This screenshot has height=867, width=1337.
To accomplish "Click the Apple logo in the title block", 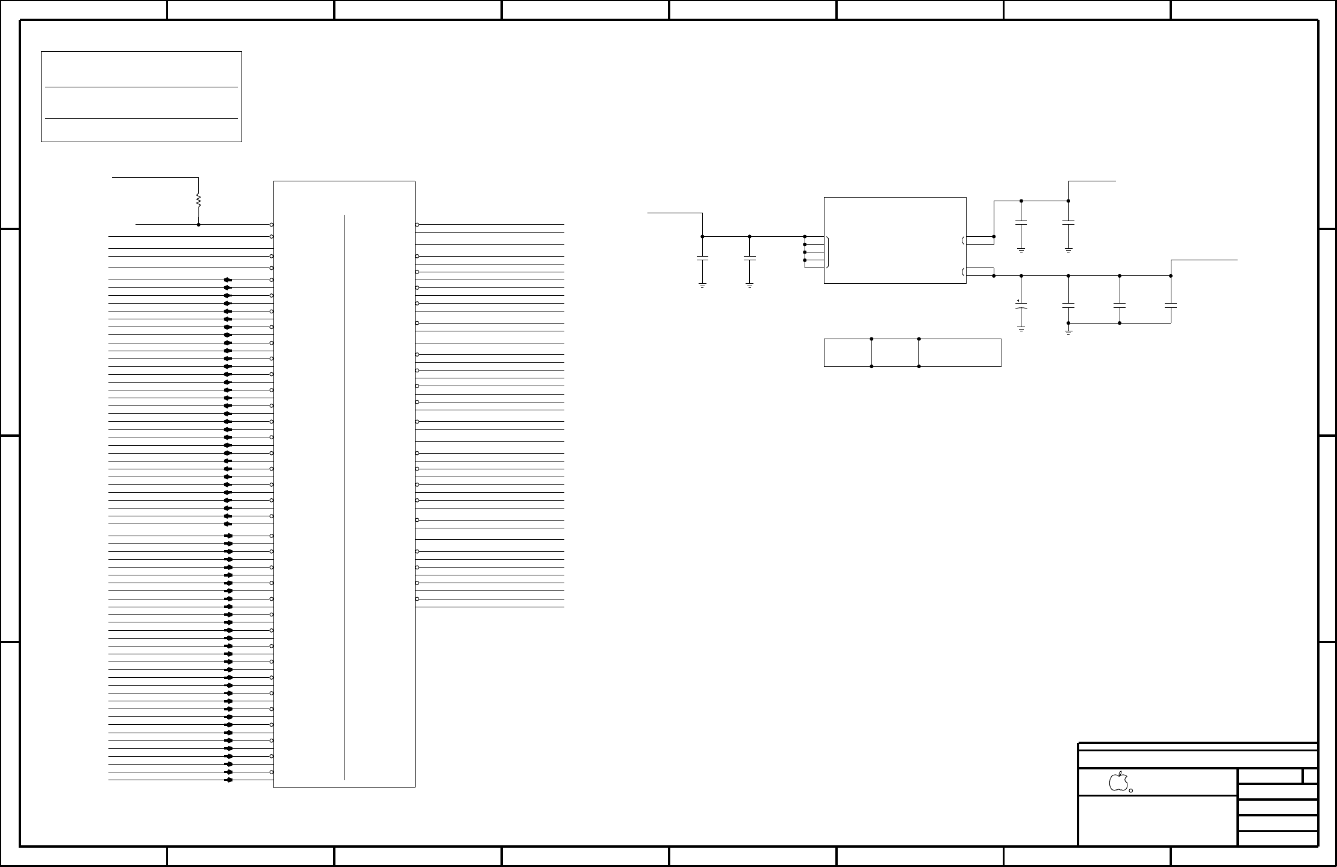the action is click(1118, 781).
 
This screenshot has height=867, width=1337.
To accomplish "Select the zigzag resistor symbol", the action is click(198, 201).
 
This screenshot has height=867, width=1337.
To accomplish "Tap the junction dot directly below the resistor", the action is click(198, 225).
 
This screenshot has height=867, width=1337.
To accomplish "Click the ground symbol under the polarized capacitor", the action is click(1021, 329).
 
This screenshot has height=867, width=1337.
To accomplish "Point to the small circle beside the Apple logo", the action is click(1131, 790).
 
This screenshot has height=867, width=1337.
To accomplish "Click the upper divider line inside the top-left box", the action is click(142, 87).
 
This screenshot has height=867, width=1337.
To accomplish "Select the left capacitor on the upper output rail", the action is click(1021, 222).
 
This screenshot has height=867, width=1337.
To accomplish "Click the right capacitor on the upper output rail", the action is click(1068, 222).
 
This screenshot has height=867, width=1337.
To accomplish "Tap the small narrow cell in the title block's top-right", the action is click(1310, 776).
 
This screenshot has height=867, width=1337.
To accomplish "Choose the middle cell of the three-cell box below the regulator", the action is click(895, 352).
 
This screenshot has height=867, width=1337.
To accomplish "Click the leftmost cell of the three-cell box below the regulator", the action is click(847, 352).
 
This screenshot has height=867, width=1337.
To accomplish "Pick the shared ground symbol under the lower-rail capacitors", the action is click(1068, 331).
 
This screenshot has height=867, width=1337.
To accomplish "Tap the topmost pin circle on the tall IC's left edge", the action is click(272, 225).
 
